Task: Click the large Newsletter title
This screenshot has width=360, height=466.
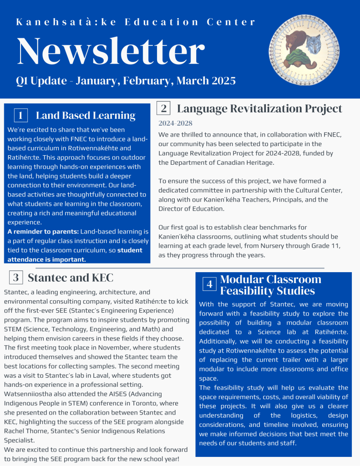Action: (111, 51)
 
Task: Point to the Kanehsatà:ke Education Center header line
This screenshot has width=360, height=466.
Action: (136, 22)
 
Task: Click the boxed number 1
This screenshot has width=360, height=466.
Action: (21, 116)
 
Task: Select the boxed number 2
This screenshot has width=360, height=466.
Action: (164, 108)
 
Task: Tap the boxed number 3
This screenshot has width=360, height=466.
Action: (15, 277)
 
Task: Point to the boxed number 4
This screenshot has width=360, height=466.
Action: (209, 284)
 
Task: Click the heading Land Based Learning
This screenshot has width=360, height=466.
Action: (86, 116)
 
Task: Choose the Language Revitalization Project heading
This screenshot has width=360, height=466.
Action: (259, 108)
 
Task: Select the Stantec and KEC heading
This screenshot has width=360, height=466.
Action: (71, 277)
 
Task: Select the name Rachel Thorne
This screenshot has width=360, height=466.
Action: (25, 431)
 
